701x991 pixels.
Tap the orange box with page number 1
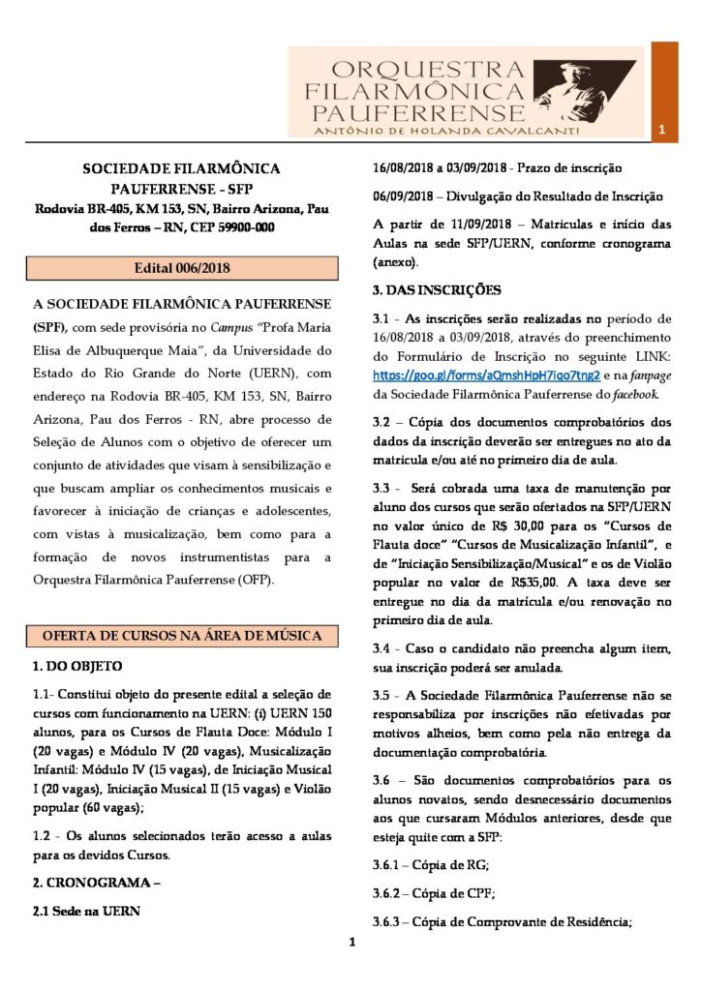[x=662, y=130]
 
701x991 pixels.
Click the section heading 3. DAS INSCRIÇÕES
[x=438, y=289]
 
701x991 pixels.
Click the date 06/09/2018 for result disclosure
[x=408, y=195]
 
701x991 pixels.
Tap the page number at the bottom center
[x=352, y=943]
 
